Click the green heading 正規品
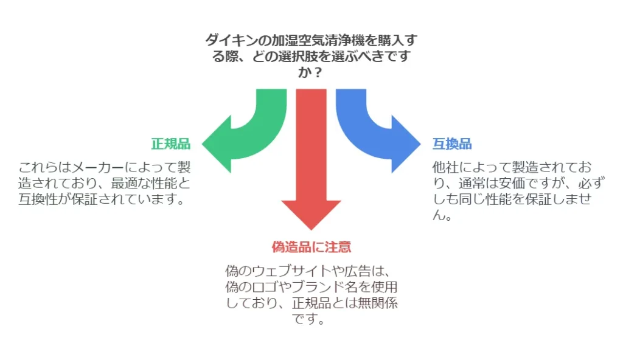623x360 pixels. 170,144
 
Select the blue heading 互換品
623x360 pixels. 452,144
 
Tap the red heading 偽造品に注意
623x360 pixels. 311,247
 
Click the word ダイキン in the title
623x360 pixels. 228,41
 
